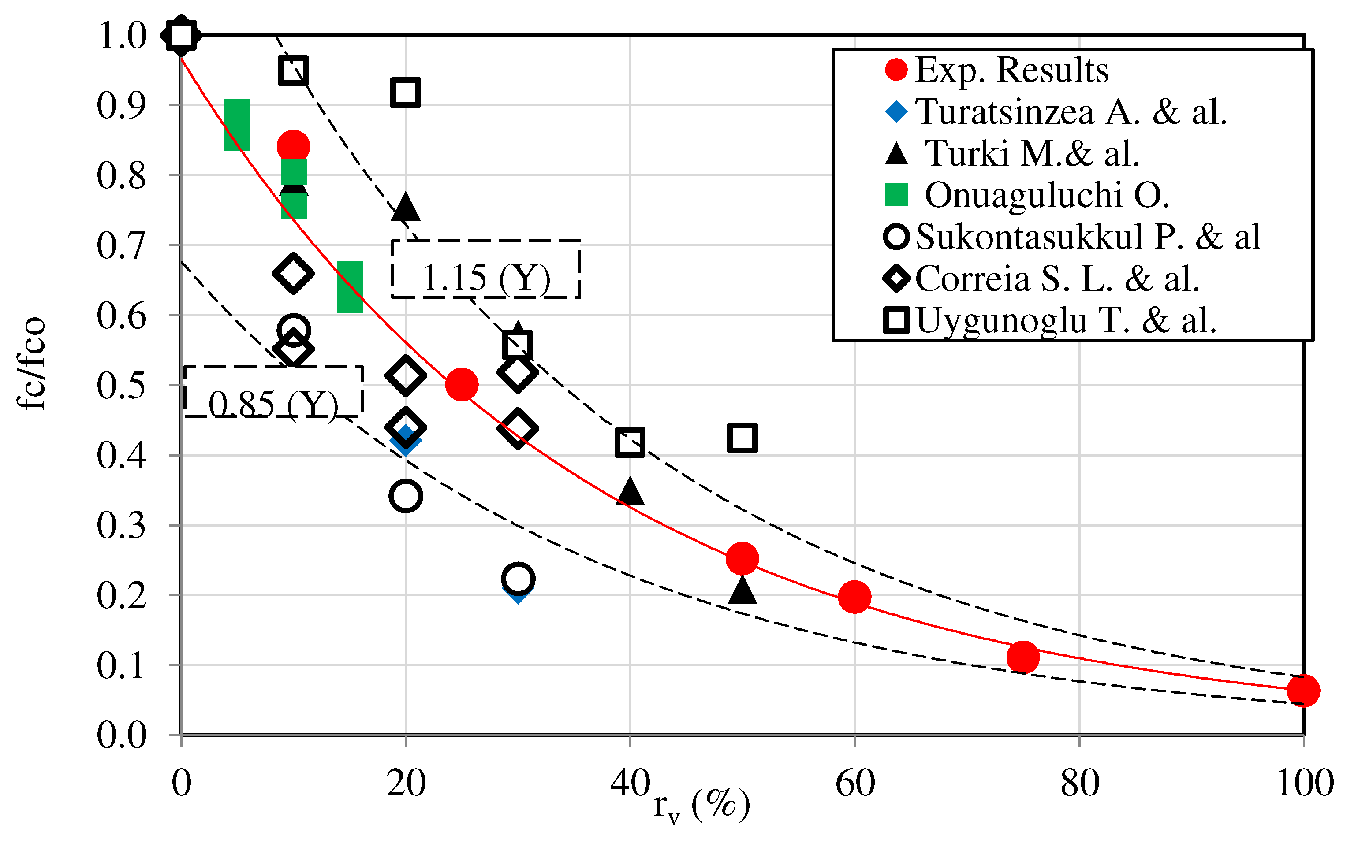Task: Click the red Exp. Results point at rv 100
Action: coord(1303,691)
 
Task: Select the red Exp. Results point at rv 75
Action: coord(1022,656)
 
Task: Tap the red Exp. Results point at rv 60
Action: coord(854,597)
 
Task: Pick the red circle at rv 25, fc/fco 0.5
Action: coord(461,384)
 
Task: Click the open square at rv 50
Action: coord(742,438)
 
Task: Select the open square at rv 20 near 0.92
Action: coord(406,92)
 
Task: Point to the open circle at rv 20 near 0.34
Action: coord(406,496)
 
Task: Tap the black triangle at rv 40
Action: coord(630,492)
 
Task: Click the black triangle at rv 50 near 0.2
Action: coord(742,590)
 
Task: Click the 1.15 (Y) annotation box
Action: coord(486,269)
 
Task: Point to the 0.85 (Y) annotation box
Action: coord(273,391)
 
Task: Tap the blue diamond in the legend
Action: coord(896,111)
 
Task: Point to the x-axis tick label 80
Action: coord(1080,784)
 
